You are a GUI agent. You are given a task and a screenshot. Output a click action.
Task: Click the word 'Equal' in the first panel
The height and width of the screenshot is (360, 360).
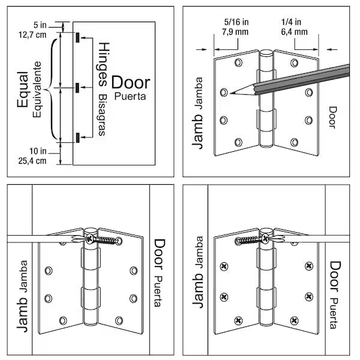(x=23, y=90)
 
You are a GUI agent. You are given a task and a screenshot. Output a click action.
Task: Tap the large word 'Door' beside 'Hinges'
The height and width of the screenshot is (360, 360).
(x=131, y=82)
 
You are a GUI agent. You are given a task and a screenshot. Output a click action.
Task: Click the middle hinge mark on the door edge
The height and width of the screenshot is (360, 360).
(x=78, y=89)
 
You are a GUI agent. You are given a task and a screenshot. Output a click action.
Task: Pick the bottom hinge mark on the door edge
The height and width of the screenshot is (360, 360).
(x=78, y=140)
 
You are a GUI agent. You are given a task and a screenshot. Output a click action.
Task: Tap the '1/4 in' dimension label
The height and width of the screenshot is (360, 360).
(x=294, y=22)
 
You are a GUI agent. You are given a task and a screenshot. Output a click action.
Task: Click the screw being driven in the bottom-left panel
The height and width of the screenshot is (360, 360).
(x=99, y=239)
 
